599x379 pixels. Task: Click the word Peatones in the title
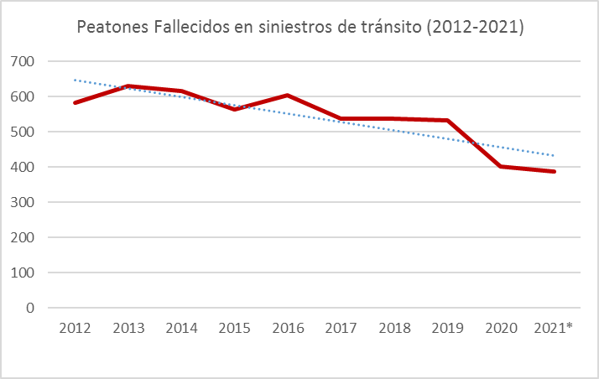pos(109,28)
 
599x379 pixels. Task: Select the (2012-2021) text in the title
pos(475,28)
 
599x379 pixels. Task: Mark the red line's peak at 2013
pos(128,86)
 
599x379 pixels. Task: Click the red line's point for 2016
pos(288,96)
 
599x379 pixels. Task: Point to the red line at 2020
pos(500,166)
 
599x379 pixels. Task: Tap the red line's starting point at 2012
pos(76,103)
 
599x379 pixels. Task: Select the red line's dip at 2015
pos(235,109)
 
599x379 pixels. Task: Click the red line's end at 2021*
pos(553,172)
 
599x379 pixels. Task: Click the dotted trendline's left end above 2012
pos(76,80)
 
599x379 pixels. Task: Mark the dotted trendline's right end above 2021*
pos(553,155)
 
